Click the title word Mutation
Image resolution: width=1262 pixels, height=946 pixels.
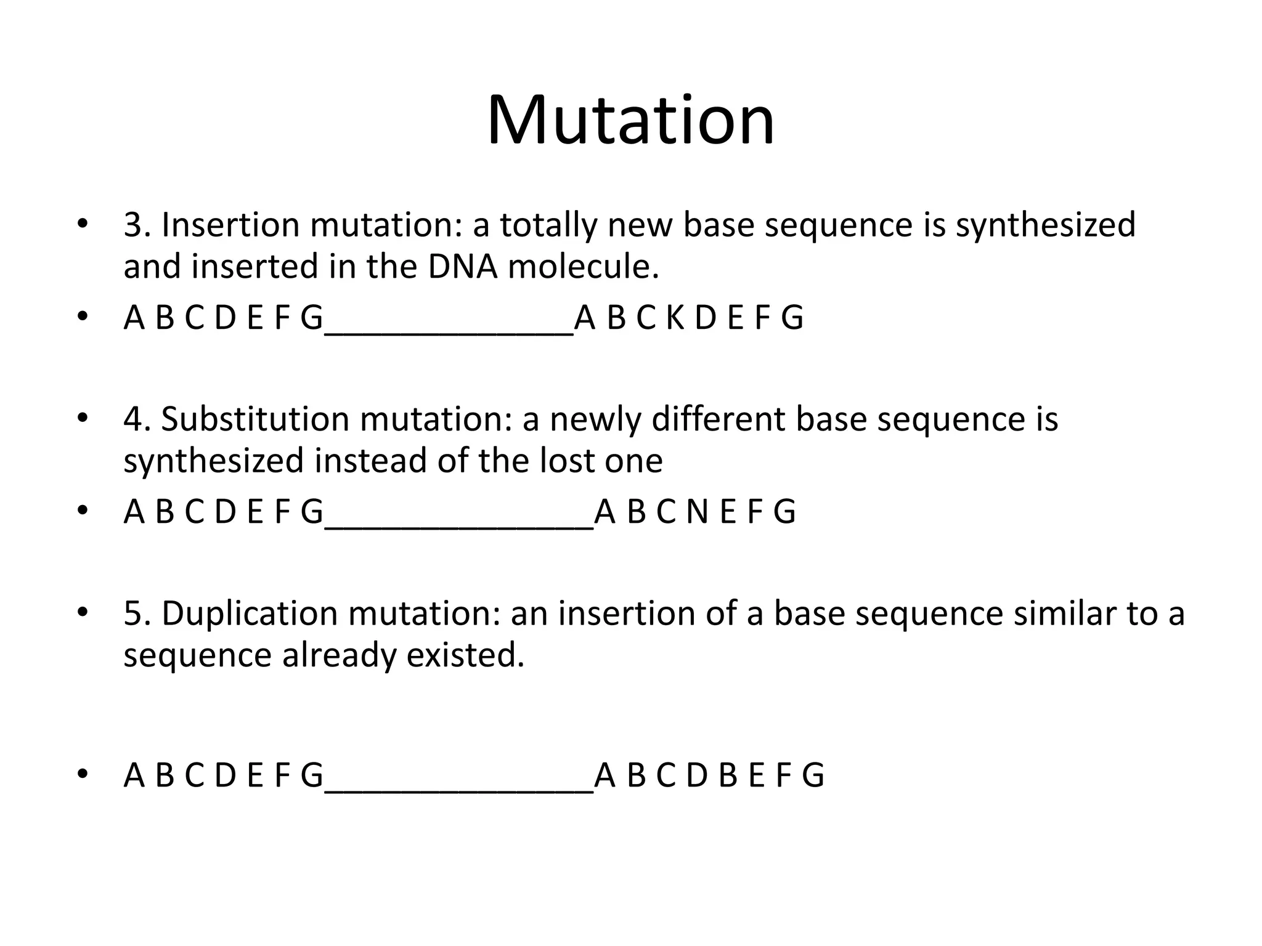point(630,120)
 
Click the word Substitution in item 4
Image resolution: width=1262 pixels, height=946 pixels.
point(255,419)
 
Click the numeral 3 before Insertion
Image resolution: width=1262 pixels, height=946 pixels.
point(133,225)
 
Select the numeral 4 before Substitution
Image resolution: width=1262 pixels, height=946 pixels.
point(133,419)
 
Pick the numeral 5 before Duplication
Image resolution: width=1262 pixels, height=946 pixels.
point(133,614)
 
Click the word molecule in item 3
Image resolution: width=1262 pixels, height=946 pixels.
point(583,267)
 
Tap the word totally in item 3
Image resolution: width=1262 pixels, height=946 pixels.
point(548,225)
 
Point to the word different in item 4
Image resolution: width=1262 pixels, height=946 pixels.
point(718,419)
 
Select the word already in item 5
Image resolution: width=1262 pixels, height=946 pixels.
point(338,655)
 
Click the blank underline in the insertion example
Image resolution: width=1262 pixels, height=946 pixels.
point(448,333)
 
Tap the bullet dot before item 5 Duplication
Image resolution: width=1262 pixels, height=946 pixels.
point(83,613)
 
